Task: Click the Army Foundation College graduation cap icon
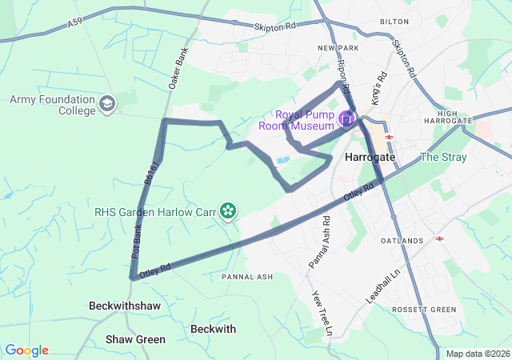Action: pyautogui.click(x=107, y=104)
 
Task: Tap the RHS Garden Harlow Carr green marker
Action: pyautogui.click(x=229, y=210)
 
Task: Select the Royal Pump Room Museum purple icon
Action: pyautogui.click(x=346, y=119)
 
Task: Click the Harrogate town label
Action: pyautogui.click(x=370, y=158)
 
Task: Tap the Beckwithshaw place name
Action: pyautogui.click(x=125, y=306)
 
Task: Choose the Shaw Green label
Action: pyautogui.click(x=135, y=339)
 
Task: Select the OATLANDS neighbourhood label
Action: pyautogui.click(x=402, y=241)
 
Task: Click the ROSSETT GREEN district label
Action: pyautogui.click(x=423, y=310)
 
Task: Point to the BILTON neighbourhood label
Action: pyautogui.click(x=394, y=22)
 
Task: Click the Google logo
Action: pyautogui.click(x=26, y=350)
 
